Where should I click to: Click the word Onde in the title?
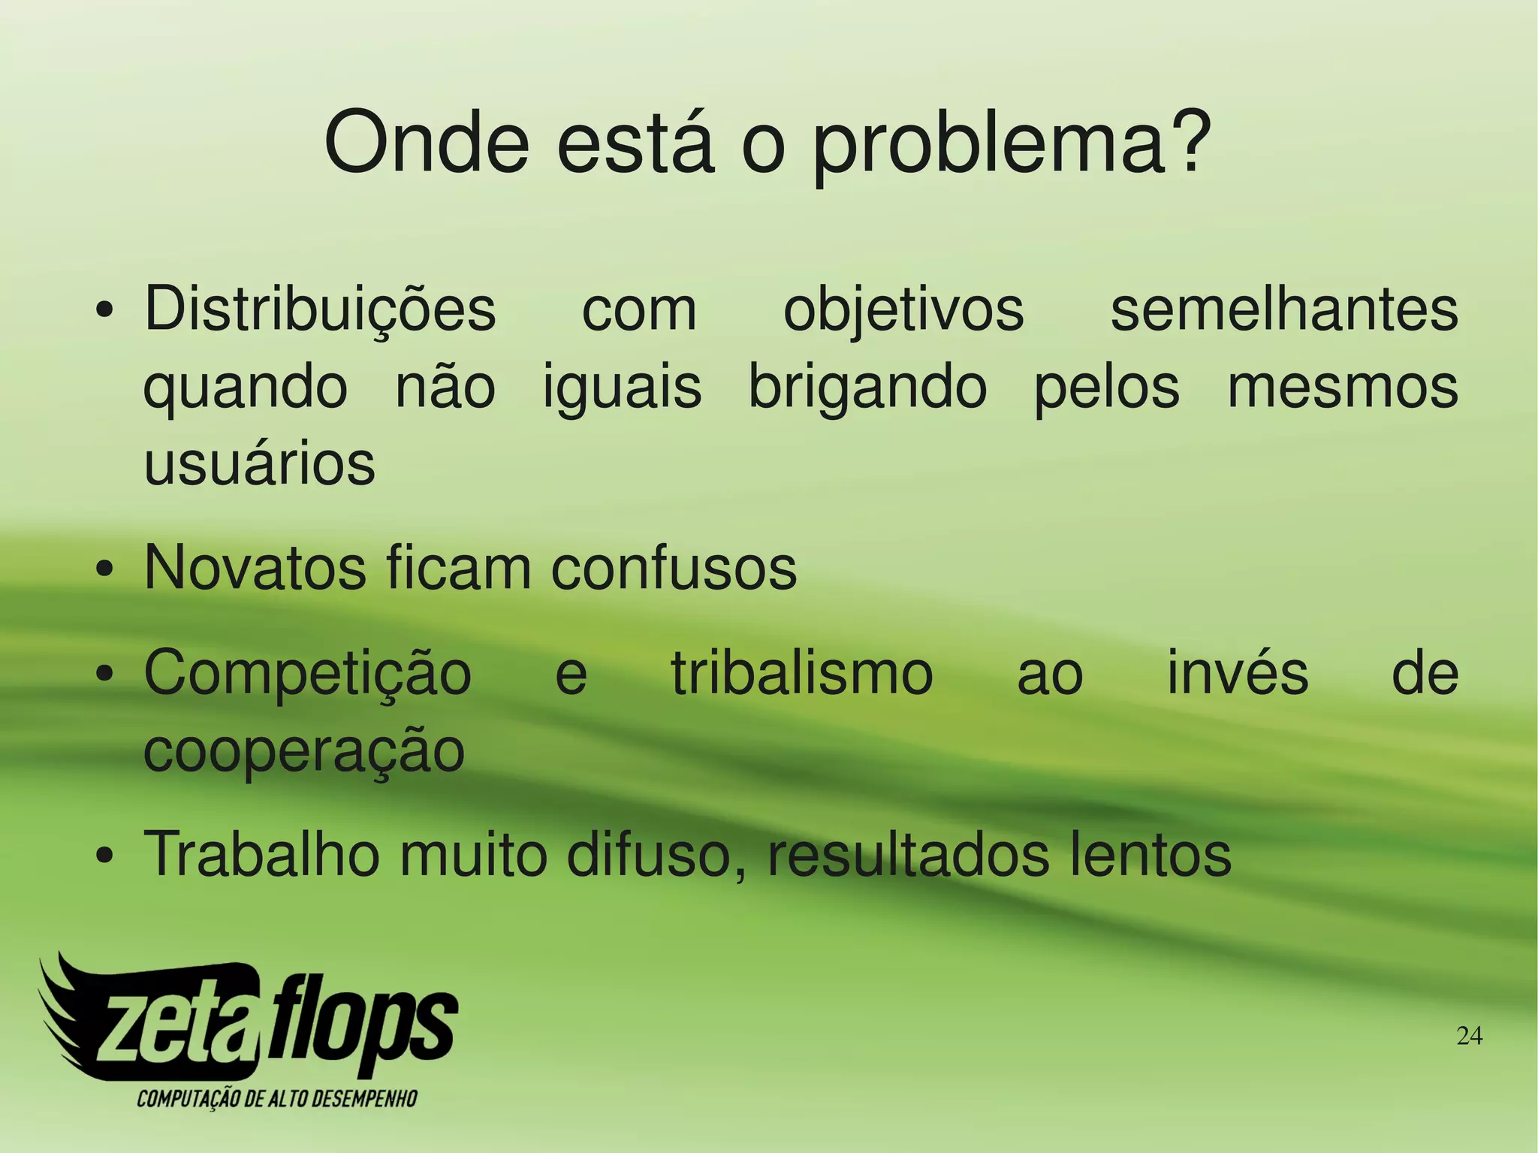tap(427, 143)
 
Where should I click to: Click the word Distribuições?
tap(320, 310)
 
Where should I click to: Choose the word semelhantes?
tap(1284, 310)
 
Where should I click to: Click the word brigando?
tap(868, 389)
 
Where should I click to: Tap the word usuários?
tap(259, 463)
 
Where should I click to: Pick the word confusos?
tap(674, 568)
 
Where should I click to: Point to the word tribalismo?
tap(801, 674)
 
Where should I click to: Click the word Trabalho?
tap(262, 854)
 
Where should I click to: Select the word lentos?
tap(1150, 854)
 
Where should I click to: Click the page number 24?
tap(1469, 1037)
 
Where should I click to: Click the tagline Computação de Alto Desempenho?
tap(276, 1099)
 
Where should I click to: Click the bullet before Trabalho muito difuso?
tap(105, 856)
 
